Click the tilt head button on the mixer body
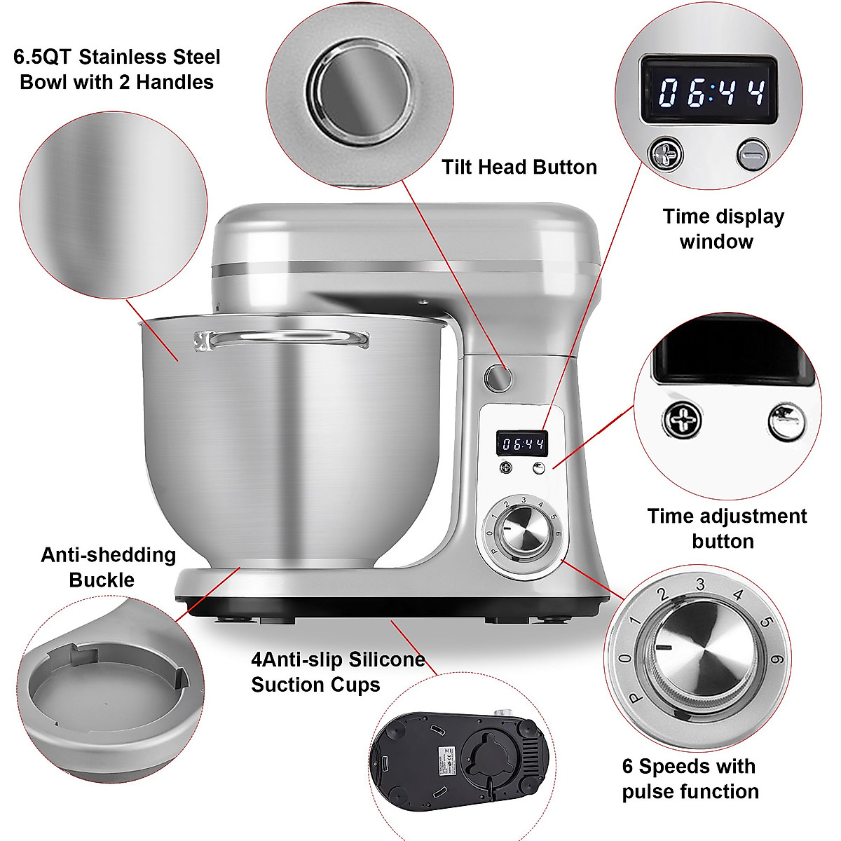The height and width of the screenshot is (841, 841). click(498, 378)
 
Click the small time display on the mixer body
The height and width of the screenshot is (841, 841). click(523, 444)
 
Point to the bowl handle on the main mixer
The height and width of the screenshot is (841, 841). click(280, 340)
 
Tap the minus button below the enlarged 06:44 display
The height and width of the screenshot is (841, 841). click(753, 154)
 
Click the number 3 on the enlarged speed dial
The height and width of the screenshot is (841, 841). click(699, 583)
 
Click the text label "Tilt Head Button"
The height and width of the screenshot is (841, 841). click(519, 167)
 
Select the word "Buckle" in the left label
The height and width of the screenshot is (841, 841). click(102, 580)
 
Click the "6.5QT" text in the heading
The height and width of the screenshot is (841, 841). click(52, 57)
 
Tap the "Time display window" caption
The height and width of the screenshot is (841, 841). click(723, 228)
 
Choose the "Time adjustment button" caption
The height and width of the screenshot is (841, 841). click(727, 528)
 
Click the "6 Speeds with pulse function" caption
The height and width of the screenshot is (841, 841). click(690, 779)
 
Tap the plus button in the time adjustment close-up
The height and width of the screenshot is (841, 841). click(681, 420)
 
